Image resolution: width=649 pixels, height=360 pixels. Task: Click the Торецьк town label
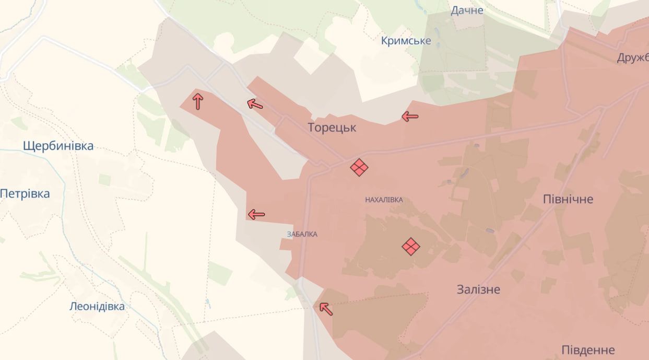(x=332, y=127)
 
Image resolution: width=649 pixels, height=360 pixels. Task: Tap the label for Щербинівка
(x=58, y=146)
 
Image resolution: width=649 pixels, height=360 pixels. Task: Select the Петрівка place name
(x=25, y=194)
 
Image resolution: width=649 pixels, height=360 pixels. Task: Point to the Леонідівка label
(x=97, y=306)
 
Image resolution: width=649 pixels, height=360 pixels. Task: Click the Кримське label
(x=406, y=41)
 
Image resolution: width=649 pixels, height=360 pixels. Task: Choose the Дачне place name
(x=467, y=10)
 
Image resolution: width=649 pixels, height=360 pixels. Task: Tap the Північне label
(x=568, y=199)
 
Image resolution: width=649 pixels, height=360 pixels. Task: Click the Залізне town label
(x=478, y=289)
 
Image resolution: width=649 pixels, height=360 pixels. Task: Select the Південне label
(x=588, y=350)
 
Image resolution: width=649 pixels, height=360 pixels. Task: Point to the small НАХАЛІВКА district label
(x=384, y=200)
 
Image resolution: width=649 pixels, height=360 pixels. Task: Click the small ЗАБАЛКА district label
(x=302, y=234)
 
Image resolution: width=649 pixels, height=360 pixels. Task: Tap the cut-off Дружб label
(x=633, y=58)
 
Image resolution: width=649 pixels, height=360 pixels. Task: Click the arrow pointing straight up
(x=197, y=100)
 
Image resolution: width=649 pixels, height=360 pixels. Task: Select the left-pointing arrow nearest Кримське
(x=410, y=117)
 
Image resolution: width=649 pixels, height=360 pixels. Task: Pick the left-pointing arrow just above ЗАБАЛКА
(x=256, y=214)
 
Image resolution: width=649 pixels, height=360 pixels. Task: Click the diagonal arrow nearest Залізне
(x=326, y=308)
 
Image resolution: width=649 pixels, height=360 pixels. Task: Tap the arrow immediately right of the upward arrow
(x=254, y=104)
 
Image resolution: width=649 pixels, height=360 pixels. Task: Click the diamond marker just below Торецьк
(x=359, y=167)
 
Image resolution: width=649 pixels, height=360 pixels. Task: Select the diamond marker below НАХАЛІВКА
(x=411, y=246)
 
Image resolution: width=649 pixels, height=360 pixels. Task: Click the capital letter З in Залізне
(x=461, y=289)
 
